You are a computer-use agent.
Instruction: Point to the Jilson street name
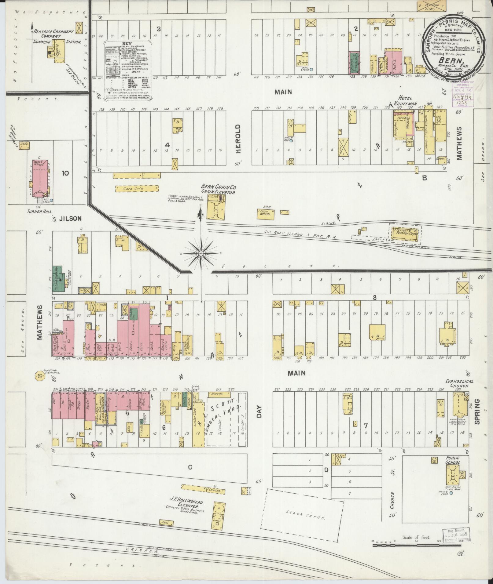tap(70, 219)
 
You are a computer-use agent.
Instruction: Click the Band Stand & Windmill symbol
tap(39, 376)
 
